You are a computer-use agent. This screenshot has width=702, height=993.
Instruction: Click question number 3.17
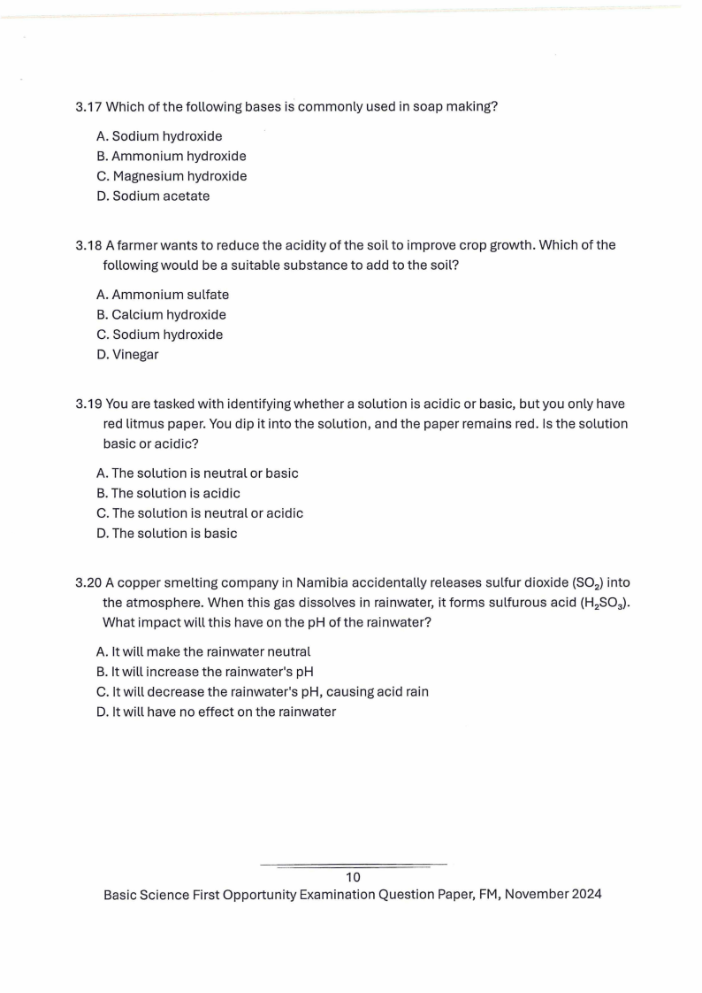(x=88, y=107)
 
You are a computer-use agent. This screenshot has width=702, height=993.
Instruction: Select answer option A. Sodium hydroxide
(x=159, y=136)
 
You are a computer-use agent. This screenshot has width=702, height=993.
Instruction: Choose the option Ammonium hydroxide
(x=171, y=157)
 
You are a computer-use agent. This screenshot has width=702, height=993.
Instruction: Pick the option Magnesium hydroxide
(x=172, y=176)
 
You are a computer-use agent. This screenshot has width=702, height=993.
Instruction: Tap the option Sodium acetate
(x=153, y=196)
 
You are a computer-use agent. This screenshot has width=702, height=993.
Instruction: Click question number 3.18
(x=88, y=245)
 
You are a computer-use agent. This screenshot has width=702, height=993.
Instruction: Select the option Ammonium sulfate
(x=162, y=295)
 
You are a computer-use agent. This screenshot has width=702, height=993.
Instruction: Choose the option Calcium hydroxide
(x=161, y=315)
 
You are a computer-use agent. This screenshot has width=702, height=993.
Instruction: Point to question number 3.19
(x=88, y=404)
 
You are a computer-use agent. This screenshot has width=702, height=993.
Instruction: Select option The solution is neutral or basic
(x=197, y=473)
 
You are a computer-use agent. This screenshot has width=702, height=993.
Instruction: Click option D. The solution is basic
(x=166, y=534)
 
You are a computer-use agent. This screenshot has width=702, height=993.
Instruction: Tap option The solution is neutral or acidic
(x=199, y=513)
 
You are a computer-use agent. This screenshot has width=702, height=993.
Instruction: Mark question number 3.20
(x=88, y=582)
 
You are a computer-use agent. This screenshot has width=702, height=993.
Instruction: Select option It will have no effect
(x=216, y=712)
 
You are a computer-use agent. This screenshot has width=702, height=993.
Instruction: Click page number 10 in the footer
(x=353, y=877)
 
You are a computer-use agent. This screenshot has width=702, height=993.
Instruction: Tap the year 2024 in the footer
(x=585, y=894)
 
